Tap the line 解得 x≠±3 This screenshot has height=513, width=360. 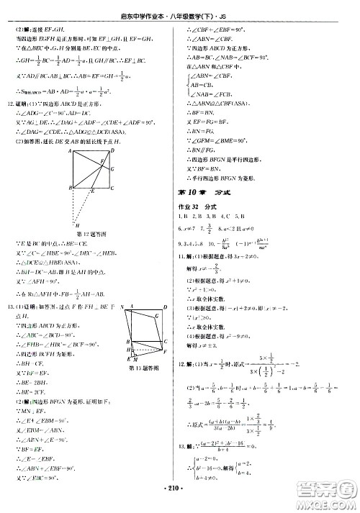click(x=208, y=345)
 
